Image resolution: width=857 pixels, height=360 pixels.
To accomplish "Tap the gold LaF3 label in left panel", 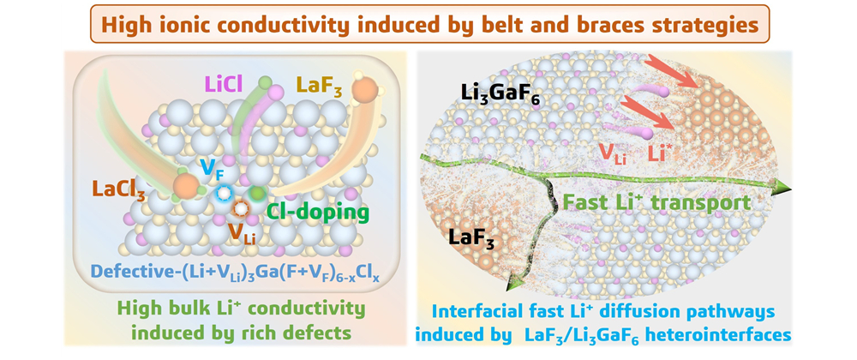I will [319, 86].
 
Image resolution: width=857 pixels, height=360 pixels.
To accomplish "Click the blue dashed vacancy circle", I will [224, 194].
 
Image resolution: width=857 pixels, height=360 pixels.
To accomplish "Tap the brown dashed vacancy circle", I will [242, 208].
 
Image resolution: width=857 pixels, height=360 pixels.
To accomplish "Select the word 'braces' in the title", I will [613, 26].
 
